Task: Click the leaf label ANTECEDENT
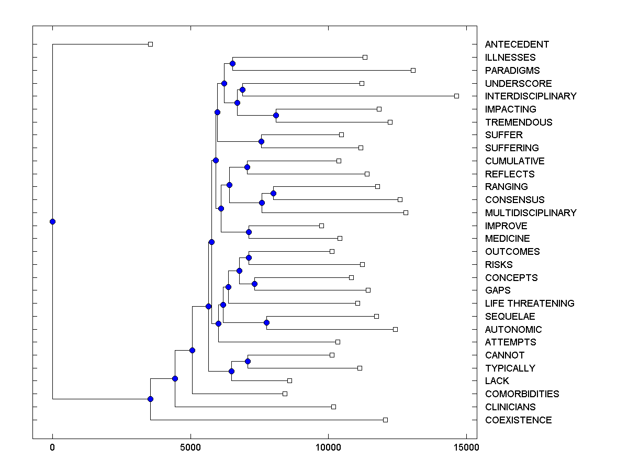click(517, 44)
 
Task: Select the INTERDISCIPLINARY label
click(530, 96)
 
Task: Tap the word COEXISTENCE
click(518, 420)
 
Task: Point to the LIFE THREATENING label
click(529, 304)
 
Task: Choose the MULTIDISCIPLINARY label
click(530, 213)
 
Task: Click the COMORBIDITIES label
click(522, 394)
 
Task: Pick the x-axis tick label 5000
click(190, 447)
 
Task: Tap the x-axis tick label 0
click(52, 447)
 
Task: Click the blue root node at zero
click(52, 221)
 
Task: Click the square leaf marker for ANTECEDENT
click(150, 44)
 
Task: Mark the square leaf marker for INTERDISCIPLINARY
click(456, 96)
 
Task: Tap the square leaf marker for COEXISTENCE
click(385, 420)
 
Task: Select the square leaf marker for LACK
click(289, 380)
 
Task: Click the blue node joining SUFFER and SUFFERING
click(261, 141)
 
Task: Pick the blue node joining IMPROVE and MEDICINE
click(249, 232)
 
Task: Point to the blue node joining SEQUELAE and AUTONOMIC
click(266, 323)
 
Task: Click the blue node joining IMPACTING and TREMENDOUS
click(276, 115)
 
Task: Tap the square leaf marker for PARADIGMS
click(413, 70)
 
